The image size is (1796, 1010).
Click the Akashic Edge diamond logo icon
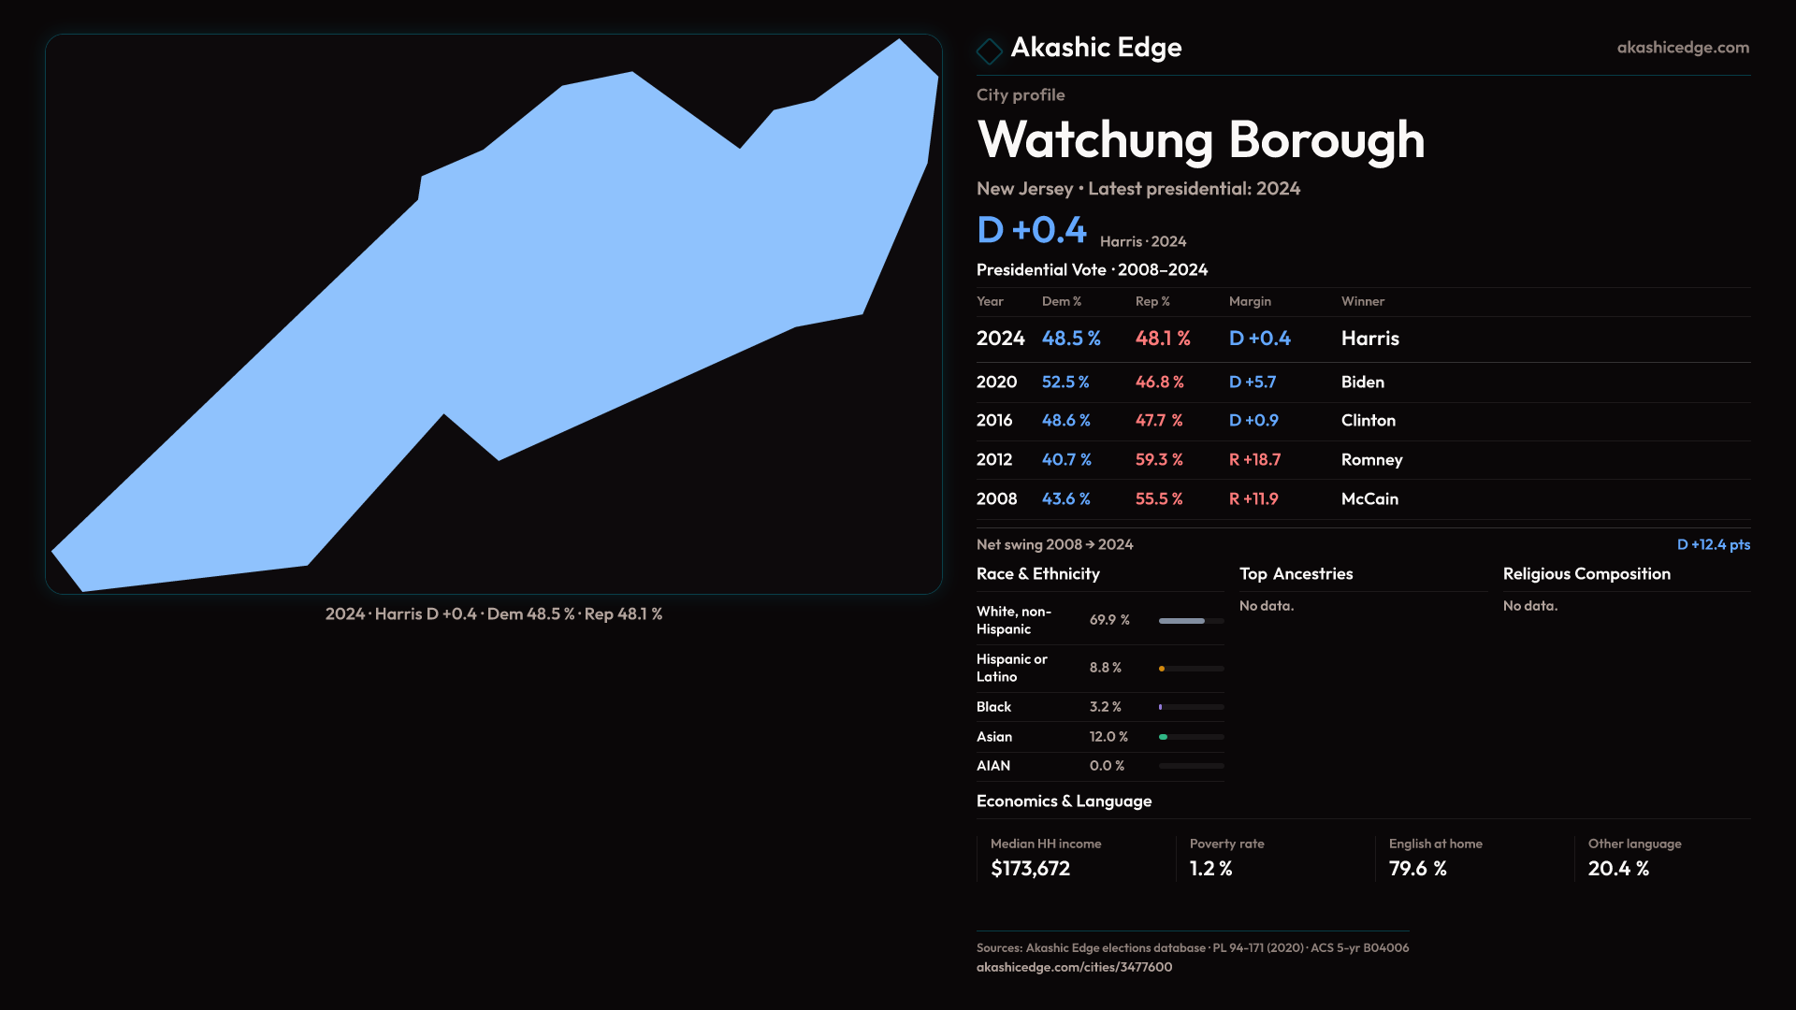989,50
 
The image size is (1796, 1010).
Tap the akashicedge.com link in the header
1682,48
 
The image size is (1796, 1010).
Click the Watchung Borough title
1200,140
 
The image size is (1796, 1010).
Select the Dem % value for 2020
1065,382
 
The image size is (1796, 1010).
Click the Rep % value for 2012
1159,460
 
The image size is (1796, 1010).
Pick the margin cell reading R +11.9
1253,499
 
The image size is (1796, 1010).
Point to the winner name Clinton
1368,421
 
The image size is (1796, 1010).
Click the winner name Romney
1371,460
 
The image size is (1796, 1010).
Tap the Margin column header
1250,302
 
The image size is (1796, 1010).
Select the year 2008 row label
996,499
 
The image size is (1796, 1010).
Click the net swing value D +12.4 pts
1713,545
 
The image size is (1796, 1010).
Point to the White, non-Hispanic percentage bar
1190,621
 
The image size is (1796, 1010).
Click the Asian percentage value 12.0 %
1108,737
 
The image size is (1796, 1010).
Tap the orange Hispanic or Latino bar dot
1162,669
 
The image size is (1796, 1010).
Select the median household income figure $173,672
1030,869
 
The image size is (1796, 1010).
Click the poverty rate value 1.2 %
1210,869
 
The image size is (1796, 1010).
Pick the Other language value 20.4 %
1618,869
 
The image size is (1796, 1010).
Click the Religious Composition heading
1586,574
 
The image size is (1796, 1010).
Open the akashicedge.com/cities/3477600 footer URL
1074,968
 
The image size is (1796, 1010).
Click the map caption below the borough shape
494,614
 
